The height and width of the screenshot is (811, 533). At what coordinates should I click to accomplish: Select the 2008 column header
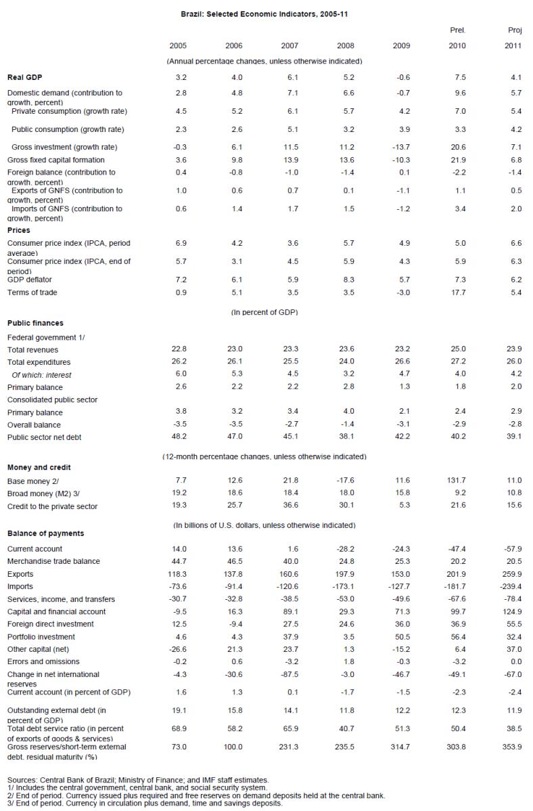345,45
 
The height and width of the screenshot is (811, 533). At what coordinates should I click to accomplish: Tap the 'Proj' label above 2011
514,30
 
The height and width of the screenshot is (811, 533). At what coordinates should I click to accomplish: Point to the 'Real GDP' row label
25,78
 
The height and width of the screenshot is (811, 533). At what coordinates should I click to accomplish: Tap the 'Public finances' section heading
35,324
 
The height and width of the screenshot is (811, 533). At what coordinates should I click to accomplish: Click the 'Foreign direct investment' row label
51,624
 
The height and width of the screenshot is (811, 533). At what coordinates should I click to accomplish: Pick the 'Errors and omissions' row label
43,661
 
